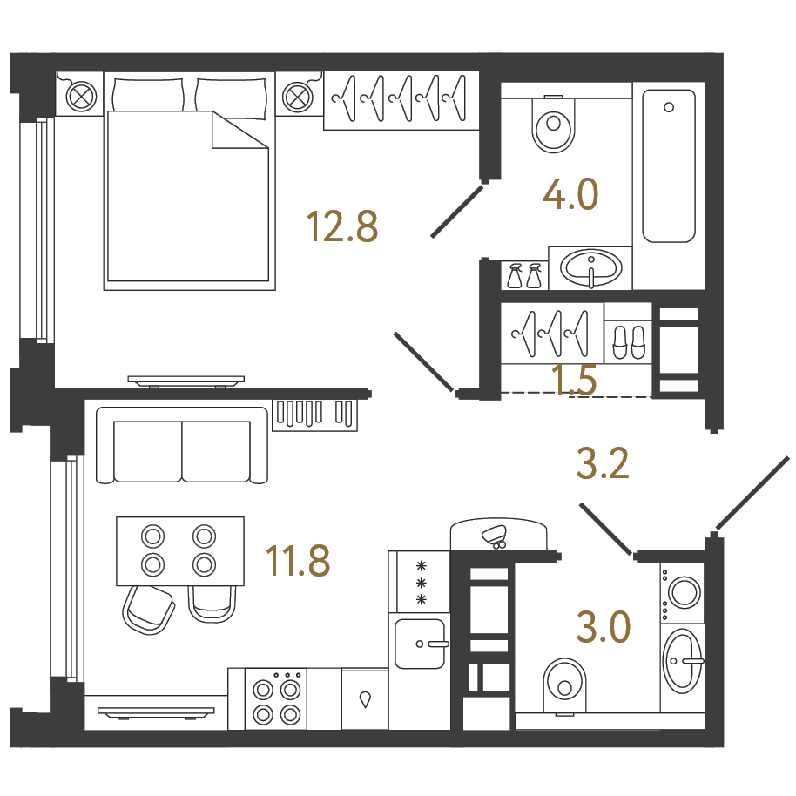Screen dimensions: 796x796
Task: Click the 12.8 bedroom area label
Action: click(342, 227)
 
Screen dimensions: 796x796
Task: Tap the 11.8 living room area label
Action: click(298, 561)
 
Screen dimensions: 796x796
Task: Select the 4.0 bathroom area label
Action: click(570, 194)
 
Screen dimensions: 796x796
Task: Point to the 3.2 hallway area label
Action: click(603, 463)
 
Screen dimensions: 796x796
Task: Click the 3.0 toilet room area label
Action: click(603, 627)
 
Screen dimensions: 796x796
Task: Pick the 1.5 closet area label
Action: click(574, 380)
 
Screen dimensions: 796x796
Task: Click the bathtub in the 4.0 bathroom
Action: click(669, 166)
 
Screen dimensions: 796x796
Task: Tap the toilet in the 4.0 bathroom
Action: click(553, 125)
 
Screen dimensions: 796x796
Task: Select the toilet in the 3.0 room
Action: click(564, 686)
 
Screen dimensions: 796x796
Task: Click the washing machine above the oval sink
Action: click(682, 592)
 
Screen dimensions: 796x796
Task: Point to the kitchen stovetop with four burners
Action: click(276, 699)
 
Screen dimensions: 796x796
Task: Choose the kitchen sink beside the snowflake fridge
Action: click(420, 644)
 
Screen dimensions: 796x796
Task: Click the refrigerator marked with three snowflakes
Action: click(419, 582)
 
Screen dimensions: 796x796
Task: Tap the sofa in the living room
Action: click(182, 445)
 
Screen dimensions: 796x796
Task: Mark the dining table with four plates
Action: click(180, 550)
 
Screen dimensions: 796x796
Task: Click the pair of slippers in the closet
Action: click(629, 342)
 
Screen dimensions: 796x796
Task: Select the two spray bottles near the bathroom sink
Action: click(524, 275)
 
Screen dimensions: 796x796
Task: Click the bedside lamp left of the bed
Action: click(81, 96)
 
